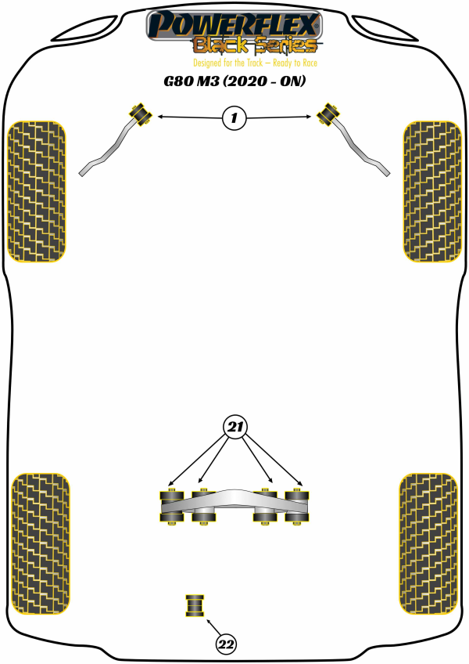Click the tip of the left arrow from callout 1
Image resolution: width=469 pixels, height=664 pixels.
point(158,116)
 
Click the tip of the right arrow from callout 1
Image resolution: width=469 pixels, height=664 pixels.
point(311,117)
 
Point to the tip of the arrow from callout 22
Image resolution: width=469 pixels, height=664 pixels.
point(206,619)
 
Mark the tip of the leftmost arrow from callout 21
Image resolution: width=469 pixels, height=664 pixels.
point(168,485)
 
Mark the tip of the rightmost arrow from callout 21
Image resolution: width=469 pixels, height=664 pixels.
point(303,485)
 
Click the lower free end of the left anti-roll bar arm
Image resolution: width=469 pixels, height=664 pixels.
point(81,174)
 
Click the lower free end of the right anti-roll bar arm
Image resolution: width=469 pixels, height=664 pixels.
point(387,173)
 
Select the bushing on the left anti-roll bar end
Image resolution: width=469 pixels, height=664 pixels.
point(140,114)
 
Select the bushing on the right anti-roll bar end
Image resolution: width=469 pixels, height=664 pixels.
point(328,114)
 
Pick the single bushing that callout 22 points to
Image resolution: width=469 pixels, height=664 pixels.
point(195,605)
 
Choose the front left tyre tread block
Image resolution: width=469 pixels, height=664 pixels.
point(37,191)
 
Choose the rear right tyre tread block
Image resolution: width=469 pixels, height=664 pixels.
point(428,543)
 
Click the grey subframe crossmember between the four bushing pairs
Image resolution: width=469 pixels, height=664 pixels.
point(234,503)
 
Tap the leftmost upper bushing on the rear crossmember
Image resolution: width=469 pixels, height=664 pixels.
point(171,495)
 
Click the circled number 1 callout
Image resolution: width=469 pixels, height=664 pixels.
point(234,117)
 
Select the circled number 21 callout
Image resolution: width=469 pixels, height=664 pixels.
point(234,427)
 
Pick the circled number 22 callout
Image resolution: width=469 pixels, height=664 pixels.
point(226,644)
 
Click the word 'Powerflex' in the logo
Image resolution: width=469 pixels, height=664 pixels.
point(234,25)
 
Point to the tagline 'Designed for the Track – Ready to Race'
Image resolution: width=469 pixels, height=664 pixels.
point(255,63)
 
